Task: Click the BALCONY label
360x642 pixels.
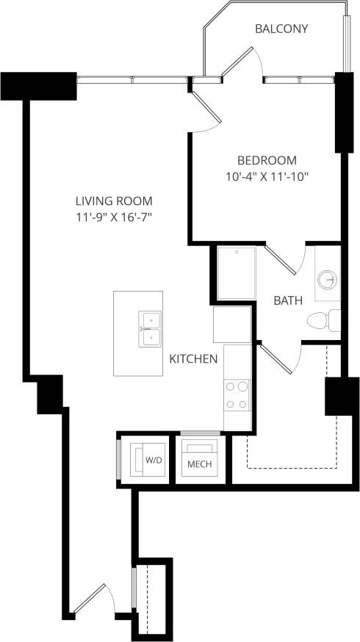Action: click(x=281, y=29)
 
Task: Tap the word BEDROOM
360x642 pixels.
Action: click(x=267, y=160)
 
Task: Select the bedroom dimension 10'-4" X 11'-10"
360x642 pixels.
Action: click(x=267, y=176)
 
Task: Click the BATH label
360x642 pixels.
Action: click(x=287, y=300)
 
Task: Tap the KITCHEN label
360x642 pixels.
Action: click(x=193, y=359)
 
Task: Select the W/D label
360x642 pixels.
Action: click(x=153, y=460)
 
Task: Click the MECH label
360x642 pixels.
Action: click(x=200, y=464)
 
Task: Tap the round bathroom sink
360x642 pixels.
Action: click(x=327, y=279)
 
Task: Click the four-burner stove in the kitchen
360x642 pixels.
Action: click(x=237, y=394)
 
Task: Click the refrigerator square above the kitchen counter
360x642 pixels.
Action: click(x=233, y=325)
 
